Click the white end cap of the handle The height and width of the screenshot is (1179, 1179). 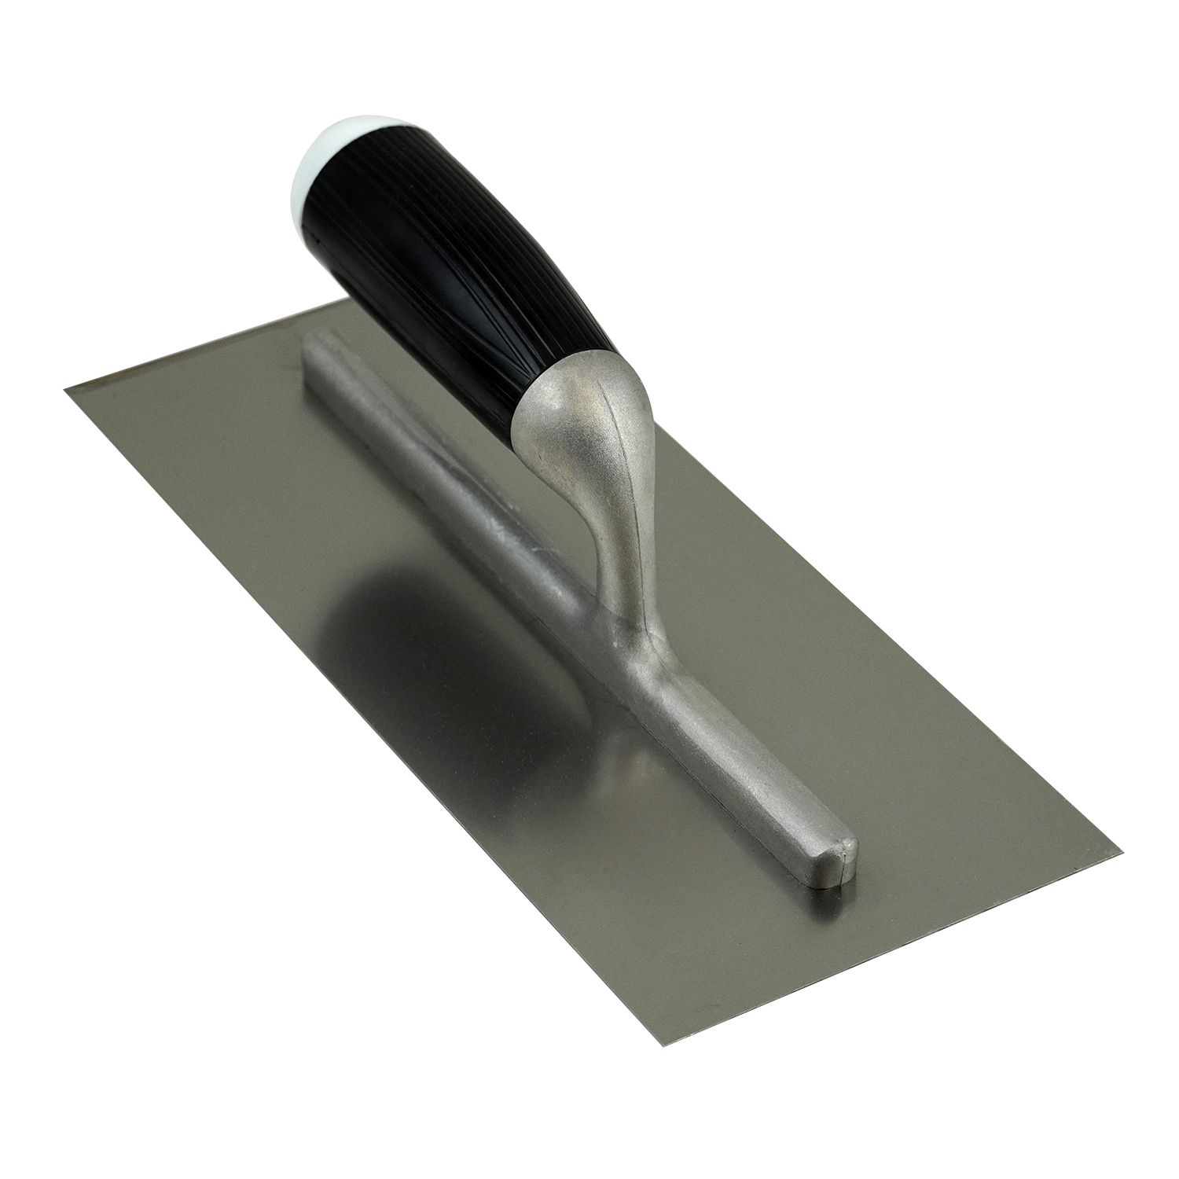click(x=324, y=161)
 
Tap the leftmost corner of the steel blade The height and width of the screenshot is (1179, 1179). click(x=66, y=386)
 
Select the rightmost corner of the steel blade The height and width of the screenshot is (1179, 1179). click(x=1119, y=850)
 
